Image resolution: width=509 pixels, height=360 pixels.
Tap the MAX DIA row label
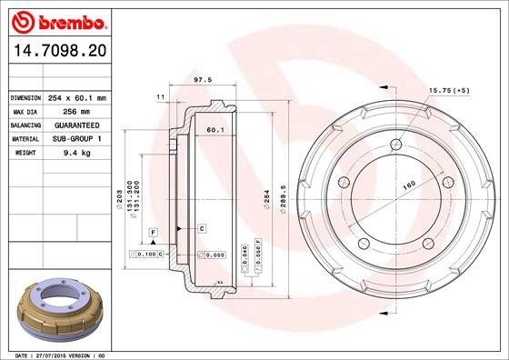tap(25, 111)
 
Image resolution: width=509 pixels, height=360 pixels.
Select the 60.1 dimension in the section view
tap(215, 130)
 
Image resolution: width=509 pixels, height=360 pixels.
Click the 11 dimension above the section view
tap(160, 95)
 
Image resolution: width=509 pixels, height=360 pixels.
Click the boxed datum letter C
tap(202, 227)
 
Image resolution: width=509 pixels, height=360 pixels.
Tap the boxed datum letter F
tap(154, 234)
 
